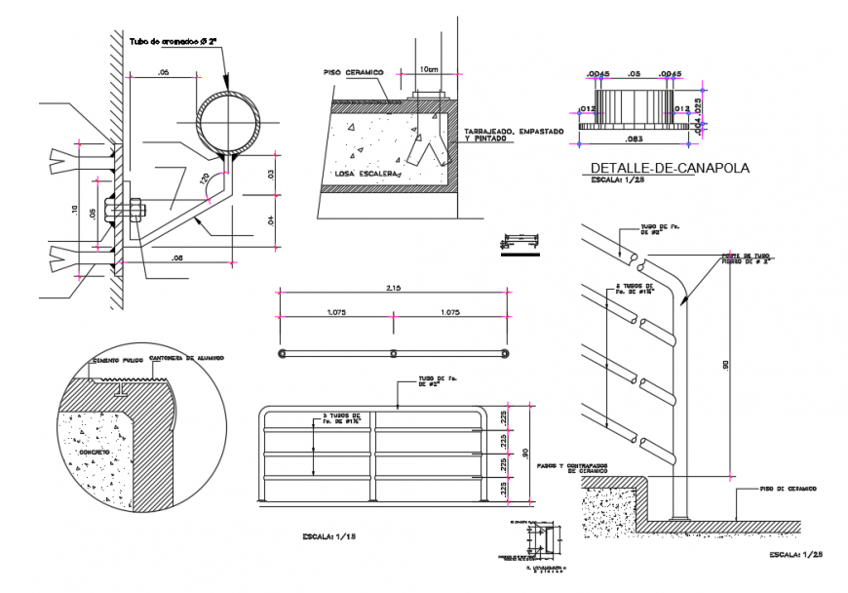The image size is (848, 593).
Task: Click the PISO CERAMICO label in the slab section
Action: coord(354,72)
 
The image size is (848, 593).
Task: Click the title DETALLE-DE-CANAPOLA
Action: coord(670,168)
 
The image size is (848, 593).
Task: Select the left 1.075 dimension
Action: coord(335,313)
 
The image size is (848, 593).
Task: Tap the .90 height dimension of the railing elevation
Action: coord(526,452)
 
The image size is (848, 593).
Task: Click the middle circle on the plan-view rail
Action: coord(393,353)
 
